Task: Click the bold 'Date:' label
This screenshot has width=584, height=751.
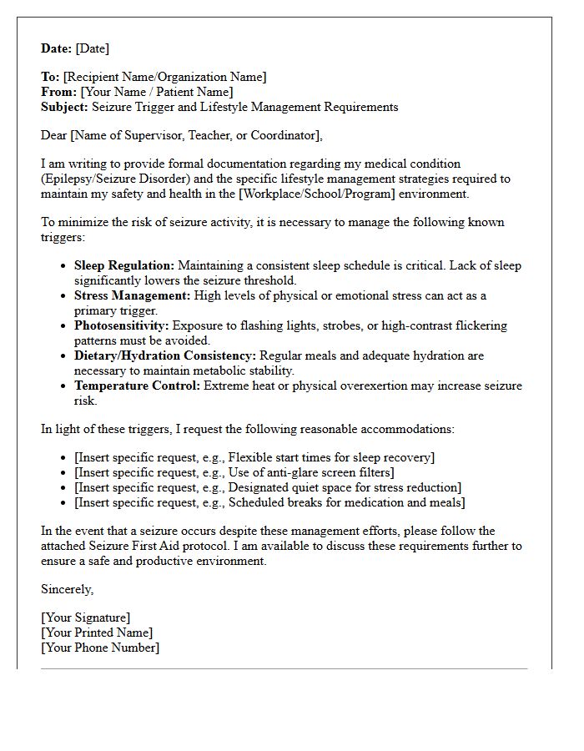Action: point(56,48)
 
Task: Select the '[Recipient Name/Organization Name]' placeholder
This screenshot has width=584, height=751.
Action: point(164,77)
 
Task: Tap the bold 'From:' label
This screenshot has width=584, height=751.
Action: point(59,92)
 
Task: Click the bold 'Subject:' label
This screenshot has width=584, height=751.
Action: point(65,107)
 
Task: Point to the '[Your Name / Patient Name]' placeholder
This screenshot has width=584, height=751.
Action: point(157,92)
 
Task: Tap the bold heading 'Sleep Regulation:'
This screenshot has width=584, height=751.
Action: point(124,265)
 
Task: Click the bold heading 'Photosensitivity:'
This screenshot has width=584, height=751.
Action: point(121,325)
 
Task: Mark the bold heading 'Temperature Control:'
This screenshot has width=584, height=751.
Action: point(138,386)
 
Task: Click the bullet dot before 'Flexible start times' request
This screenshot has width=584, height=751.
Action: point(64,458)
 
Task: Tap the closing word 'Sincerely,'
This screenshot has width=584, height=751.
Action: point(68,589)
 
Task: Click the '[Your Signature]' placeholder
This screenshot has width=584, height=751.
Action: point(85,617)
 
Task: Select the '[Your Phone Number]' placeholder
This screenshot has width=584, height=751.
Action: point(100,648)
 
